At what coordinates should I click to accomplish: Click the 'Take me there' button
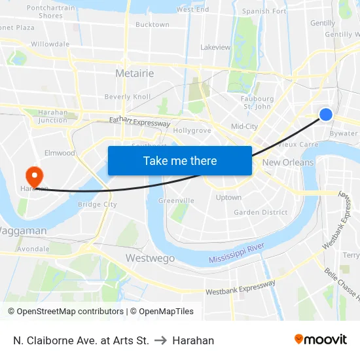pyautogui.click(x=180, y=160)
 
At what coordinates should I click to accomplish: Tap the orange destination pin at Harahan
pyautogui.click(x=33, y=176)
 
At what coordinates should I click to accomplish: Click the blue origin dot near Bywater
pyautogui.click(x=326, y=115)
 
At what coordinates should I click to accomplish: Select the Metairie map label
pyautogui.click(x=134, y=73)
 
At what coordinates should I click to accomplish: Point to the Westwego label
pyautogui.click(x=150, y=258)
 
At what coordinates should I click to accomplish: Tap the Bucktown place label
pyautogui.click(x=152, y=25)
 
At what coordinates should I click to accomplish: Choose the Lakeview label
pyautogui.click(x=215, y=47)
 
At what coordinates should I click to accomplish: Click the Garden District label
pyautogui.click(x=261, y=212)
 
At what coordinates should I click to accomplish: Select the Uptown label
pyautogui.click(x=228, y=197)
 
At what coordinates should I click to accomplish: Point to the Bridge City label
pyautogui.click(x=97, y=204)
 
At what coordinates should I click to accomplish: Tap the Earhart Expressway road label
pyautogui.click(x=139, y=121)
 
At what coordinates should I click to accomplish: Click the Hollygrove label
pyautogui.click(x=192, y=130)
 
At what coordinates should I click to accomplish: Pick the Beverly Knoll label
pyautogui.click(x=127, y=97)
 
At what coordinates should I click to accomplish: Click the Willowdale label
pyautogui.click(x=50, y=44)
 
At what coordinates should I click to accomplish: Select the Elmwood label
pyautogui.click(x=60, y=153)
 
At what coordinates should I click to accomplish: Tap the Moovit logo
pyautogui.click(x=320, y=339)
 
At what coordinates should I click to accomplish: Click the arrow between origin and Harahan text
pyautogui.click(x=160, y=340)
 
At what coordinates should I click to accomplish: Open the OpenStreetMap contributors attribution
pyautogui.click(x=69, y=312)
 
